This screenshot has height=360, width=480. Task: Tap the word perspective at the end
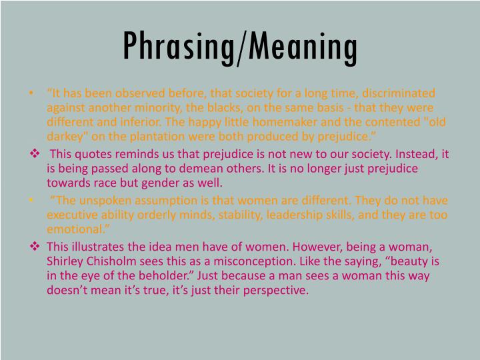pos(275,291)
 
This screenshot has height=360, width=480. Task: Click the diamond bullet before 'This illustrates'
pos(36,247)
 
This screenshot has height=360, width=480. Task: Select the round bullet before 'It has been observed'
pos(33,93)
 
